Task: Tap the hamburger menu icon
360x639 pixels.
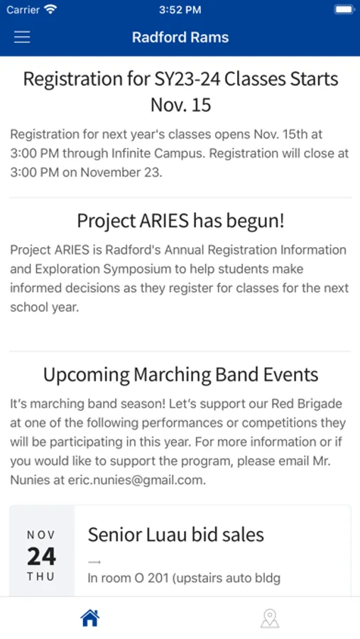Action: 22,37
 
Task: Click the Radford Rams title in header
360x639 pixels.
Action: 180,37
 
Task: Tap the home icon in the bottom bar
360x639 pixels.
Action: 90,618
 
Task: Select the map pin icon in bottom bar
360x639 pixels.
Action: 270,618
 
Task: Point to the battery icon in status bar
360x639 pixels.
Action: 344,10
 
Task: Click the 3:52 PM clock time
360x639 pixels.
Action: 180,10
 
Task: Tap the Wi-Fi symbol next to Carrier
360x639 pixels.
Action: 50,9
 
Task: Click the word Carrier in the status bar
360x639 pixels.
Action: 22,10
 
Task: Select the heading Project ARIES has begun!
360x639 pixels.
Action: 180,222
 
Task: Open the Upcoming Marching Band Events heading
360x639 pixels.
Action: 180,374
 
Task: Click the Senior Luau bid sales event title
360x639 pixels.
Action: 175,534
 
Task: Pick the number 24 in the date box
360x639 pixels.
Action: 42,556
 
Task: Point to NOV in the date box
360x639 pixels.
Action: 41,535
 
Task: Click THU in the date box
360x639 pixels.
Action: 41,577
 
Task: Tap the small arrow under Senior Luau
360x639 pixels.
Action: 94,562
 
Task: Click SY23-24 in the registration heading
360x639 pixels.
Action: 187,79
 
